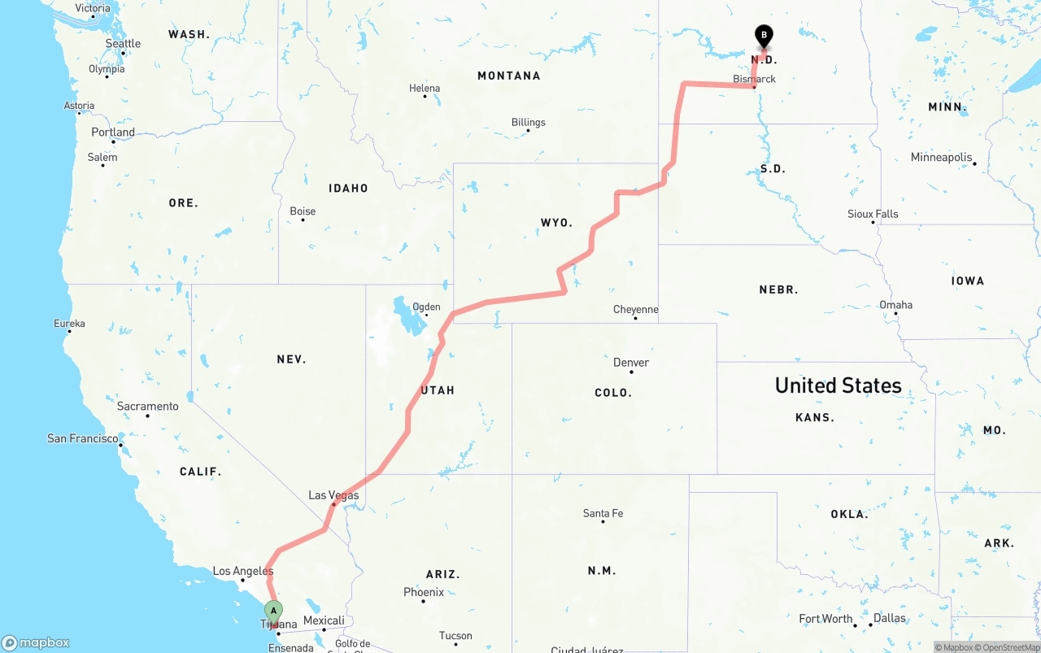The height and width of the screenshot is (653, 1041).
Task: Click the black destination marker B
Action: pos(764,36)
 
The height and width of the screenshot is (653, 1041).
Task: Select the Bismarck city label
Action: pos(754,79)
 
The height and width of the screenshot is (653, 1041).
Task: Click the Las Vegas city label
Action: pos(333,495)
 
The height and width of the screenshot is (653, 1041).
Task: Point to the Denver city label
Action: pos(631,362)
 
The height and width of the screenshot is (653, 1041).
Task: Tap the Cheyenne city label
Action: pos(636,309)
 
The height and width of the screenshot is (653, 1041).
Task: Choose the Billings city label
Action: pos(529,122)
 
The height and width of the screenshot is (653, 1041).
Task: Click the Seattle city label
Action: pos(123,43)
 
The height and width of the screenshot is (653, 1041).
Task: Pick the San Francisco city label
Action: pos(82,438)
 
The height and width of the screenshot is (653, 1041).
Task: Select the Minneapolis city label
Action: pos(941,157)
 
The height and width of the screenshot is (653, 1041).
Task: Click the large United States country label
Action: pos(838,385)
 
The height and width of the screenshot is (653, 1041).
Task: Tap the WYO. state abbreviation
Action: pos(557,222)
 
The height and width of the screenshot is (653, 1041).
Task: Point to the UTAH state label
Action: pos(438,390)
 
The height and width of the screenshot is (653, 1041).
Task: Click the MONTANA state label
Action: pos(508,76)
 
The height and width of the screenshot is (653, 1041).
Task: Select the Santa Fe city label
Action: pos(603,513)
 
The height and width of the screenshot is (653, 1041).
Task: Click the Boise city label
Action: pos(303,211)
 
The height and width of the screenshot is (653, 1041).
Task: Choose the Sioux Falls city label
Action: pos(873,214)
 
